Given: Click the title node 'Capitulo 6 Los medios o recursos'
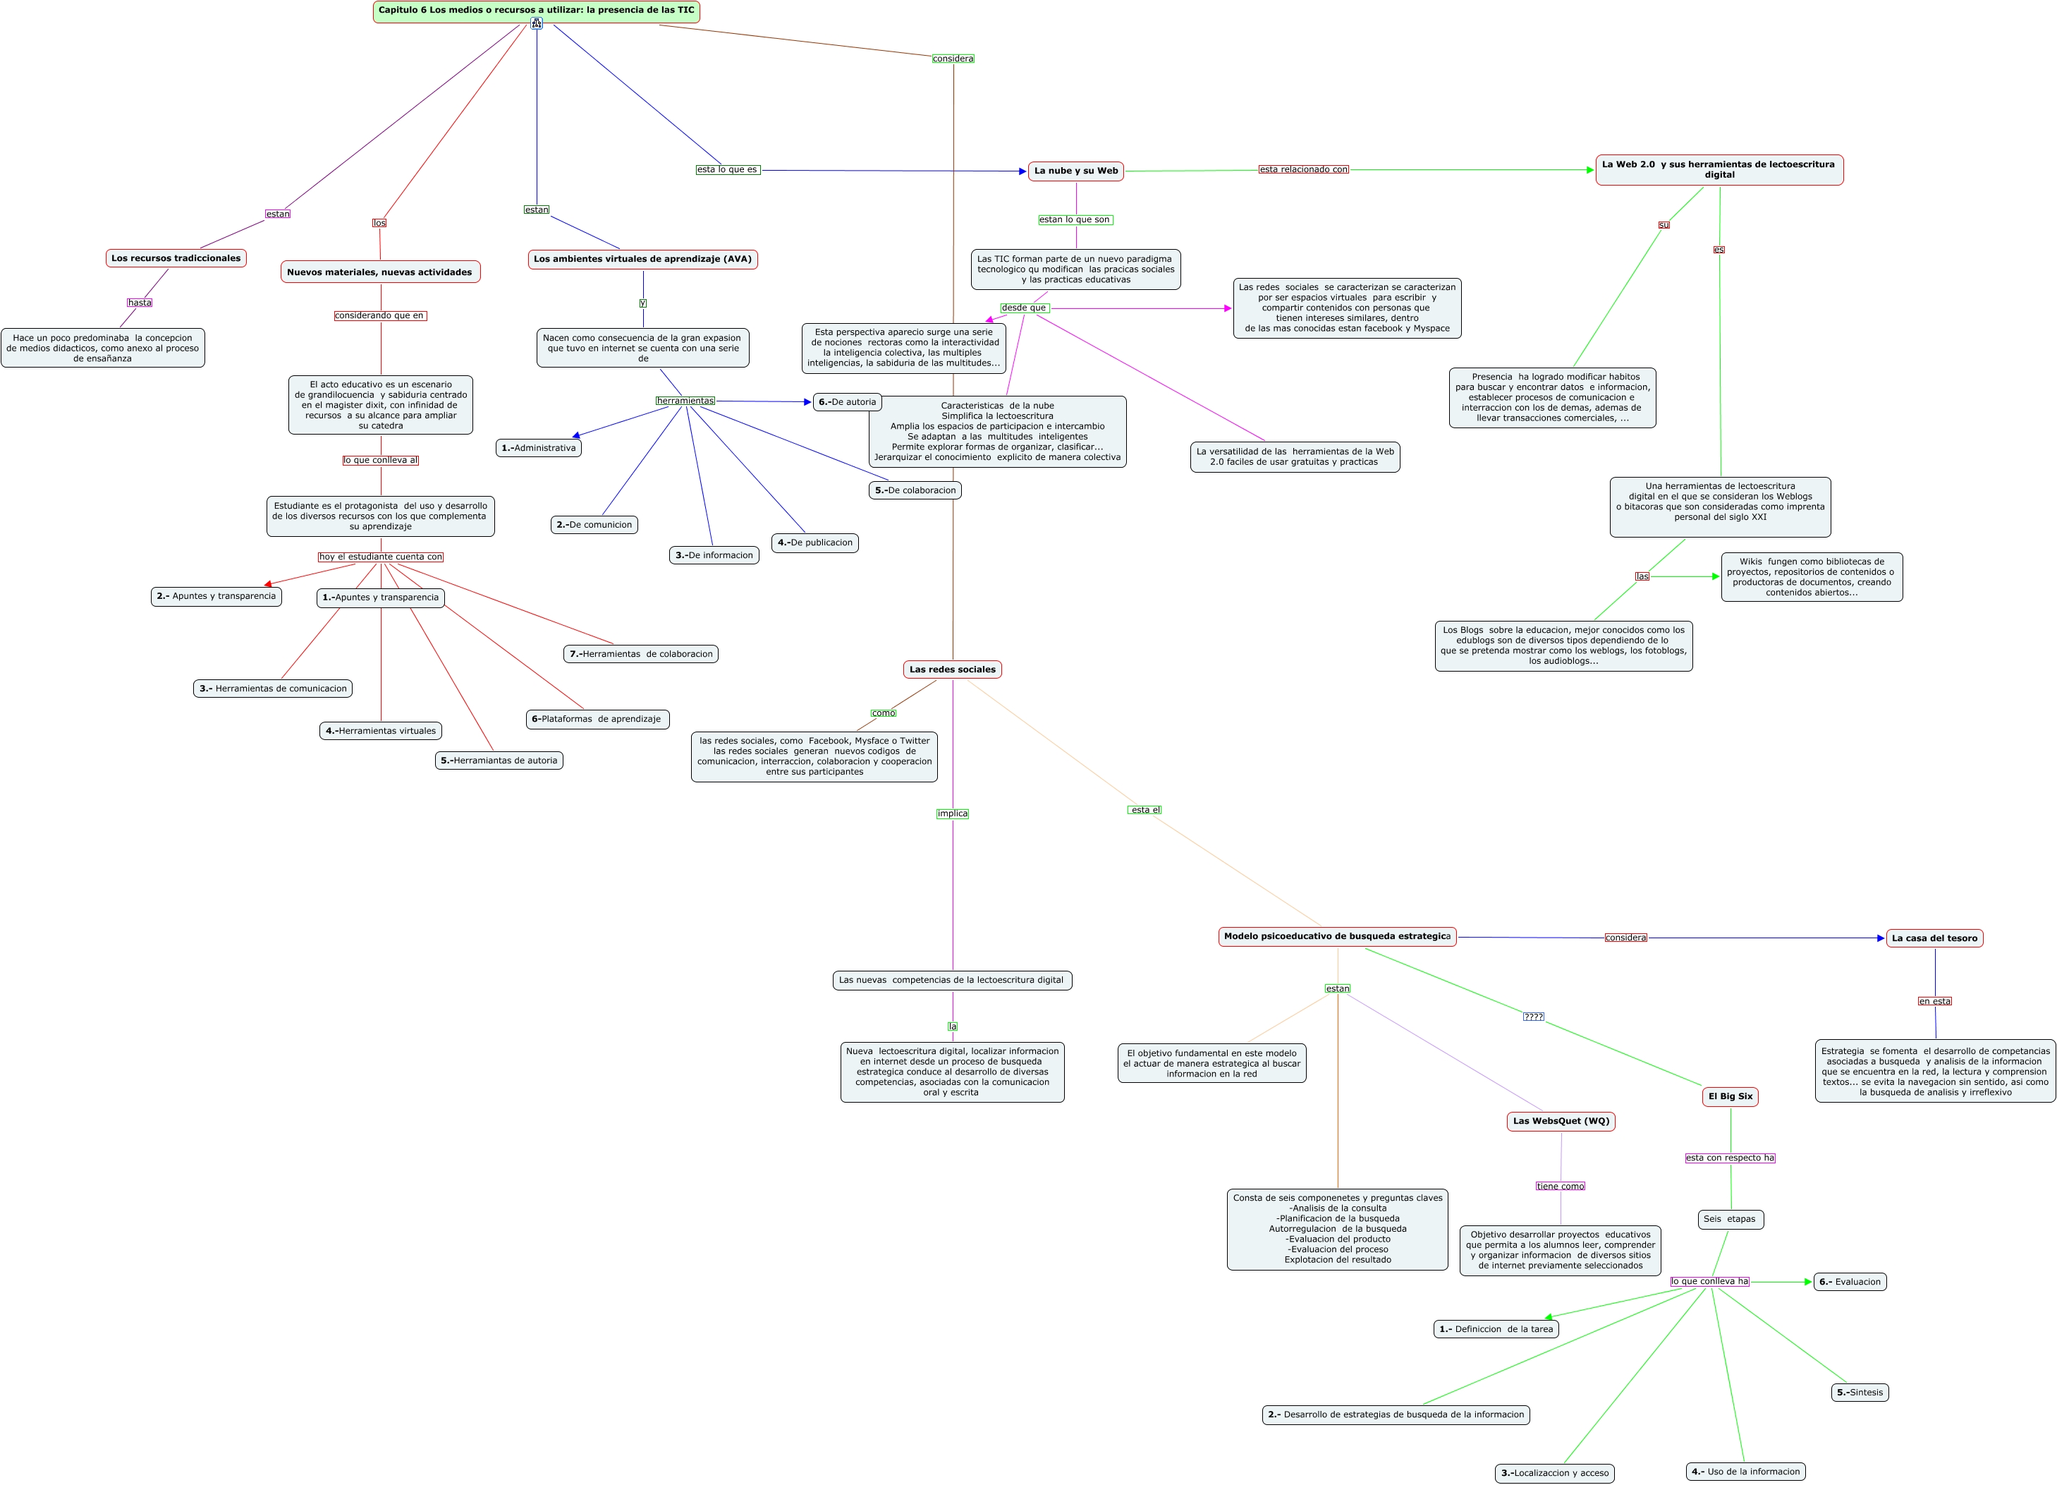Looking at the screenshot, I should pos(536,11).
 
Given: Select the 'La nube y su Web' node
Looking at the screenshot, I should pos(1075,171).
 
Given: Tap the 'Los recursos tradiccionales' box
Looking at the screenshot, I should pos(176,258).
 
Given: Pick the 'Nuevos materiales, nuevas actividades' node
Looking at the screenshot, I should pos(380,272).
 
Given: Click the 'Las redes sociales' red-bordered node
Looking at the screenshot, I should pos(952,669).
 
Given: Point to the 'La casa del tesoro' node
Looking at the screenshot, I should pos(1934,938).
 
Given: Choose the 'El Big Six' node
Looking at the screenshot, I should pos(1731,1096).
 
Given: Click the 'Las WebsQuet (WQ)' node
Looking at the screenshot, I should pos(1561,1120).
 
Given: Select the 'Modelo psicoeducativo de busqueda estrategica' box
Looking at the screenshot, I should pos(1337,936).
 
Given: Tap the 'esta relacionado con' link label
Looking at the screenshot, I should pos(1303,169).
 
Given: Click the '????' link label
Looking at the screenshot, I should pos(1533,1017).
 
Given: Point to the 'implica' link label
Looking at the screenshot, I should pos(952,813).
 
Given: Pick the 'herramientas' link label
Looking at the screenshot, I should pos(685,401).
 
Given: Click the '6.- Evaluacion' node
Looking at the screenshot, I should pos(1849,1282).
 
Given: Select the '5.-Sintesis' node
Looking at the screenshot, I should pos(1860,1392).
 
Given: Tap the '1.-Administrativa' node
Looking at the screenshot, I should pos(538,447).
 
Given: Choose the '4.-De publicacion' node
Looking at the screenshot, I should pos(814,543).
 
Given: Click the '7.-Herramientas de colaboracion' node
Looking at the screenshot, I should pos(640,654).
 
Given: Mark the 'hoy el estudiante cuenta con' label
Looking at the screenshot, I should pos(381,557).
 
